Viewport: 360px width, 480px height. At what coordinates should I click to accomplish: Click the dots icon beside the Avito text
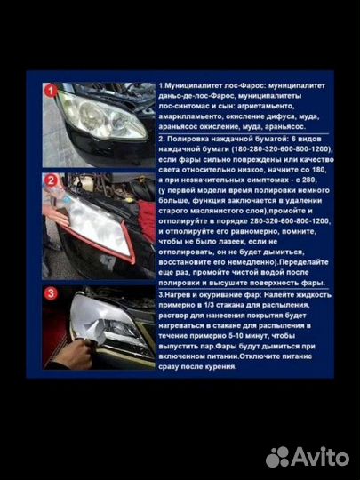click(278, 455)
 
